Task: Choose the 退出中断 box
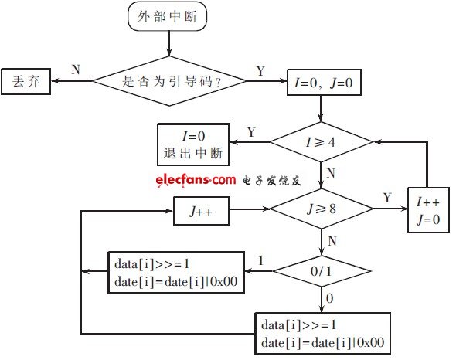coord(193,143)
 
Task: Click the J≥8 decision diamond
coord(321,209)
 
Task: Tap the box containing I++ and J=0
coord(427,209)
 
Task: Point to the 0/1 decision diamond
coord(321,272)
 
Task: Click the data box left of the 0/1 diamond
coord(176,272)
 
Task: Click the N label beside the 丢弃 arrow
coord(75,70)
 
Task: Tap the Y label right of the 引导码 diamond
coord(260,70)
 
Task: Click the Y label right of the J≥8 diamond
coord(386,198)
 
